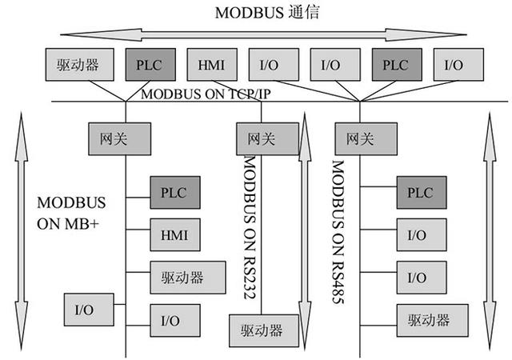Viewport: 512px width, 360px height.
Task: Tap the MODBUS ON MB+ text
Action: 70,212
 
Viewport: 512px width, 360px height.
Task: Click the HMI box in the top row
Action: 211,65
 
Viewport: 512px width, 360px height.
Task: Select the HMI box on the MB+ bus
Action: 174,235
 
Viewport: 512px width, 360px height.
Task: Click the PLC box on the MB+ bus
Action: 174,193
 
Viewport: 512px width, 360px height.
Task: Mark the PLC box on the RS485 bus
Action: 421,193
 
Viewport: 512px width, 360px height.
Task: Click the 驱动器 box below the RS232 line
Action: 256,330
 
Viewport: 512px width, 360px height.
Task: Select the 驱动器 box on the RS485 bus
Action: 421,320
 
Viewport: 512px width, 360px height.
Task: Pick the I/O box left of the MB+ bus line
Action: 88,308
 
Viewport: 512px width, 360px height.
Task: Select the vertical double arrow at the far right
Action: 490,232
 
